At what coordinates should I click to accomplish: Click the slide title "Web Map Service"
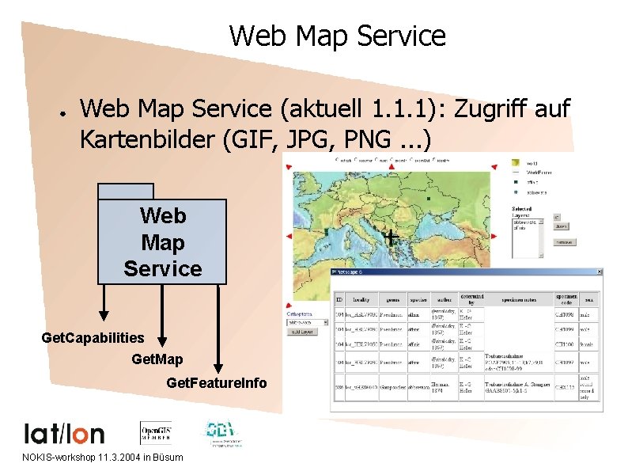(337, 36)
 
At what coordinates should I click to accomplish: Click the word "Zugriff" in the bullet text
(492, 109)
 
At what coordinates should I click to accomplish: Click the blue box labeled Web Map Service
(162, 241)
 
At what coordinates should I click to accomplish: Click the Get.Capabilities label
(93, 338)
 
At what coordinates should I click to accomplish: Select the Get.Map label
(157, 360)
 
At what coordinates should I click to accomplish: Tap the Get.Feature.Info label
(217, 384)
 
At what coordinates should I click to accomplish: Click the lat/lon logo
(64, 433)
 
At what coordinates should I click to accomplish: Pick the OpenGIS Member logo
(157, 432)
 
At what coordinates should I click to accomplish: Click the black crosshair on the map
(391, 236)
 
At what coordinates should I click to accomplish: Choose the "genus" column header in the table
(390, 300)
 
